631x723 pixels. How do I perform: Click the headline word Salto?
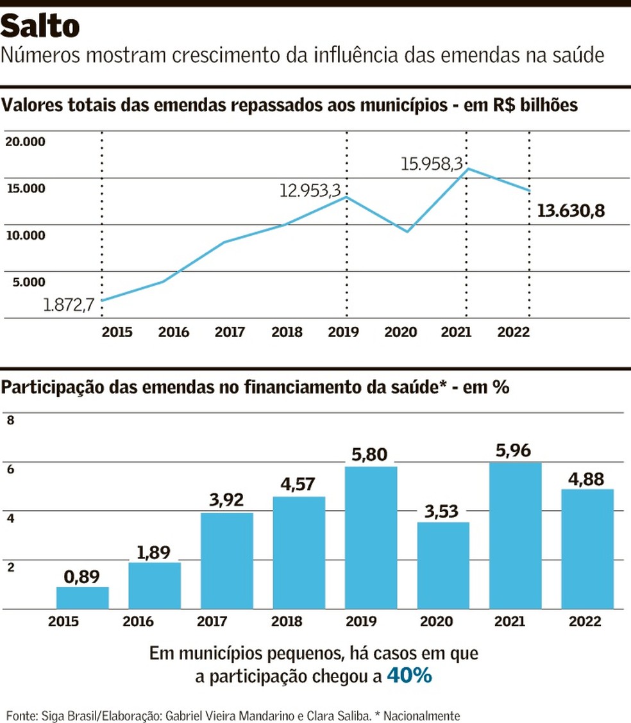[x=40, y=26]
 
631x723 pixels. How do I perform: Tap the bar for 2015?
[x=82, y=597]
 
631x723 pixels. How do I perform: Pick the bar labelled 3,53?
[x=442, y=565]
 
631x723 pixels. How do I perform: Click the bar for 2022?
[x=587, y=549]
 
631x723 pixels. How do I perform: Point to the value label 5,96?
[x=515, y=451]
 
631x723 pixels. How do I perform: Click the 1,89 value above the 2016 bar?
[x=155, y=551]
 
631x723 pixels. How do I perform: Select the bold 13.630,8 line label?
[x=571, y=210]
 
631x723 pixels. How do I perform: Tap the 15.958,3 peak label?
[x=432, y=164]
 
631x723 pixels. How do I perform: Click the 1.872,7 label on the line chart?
[x=69, y=305]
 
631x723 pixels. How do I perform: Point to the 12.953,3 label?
[x=310, y=190]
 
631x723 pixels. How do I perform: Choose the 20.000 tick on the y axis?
[x=26, y=141]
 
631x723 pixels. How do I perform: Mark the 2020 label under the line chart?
[x=400, y=332]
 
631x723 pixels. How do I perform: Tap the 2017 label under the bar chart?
[x=226, y=622]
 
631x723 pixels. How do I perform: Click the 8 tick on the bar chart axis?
[x=10, y=420]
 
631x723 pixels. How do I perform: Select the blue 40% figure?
[x=409, y=676]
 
